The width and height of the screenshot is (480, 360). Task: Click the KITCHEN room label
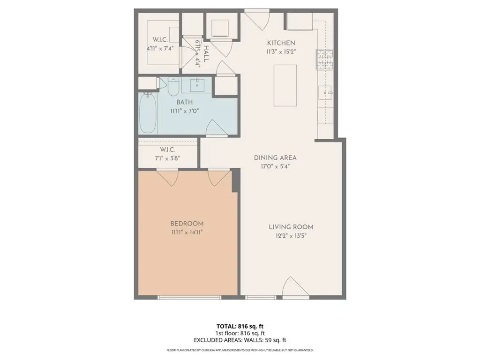(281, 43)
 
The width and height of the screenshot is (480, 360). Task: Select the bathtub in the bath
(148, 112)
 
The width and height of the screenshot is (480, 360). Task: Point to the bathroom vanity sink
(197, 85)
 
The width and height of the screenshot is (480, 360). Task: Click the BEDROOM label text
(187, 224)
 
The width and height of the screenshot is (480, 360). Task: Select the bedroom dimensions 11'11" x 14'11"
(187, 232)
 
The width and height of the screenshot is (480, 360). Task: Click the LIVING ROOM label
(291, 227)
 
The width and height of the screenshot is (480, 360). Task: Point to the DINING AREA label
(276, 157)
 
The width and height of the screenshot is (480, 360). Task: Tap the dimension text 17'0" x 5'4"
(276, 165)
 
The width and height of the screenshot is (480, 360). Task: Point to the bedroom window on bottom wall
(188, 297)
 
